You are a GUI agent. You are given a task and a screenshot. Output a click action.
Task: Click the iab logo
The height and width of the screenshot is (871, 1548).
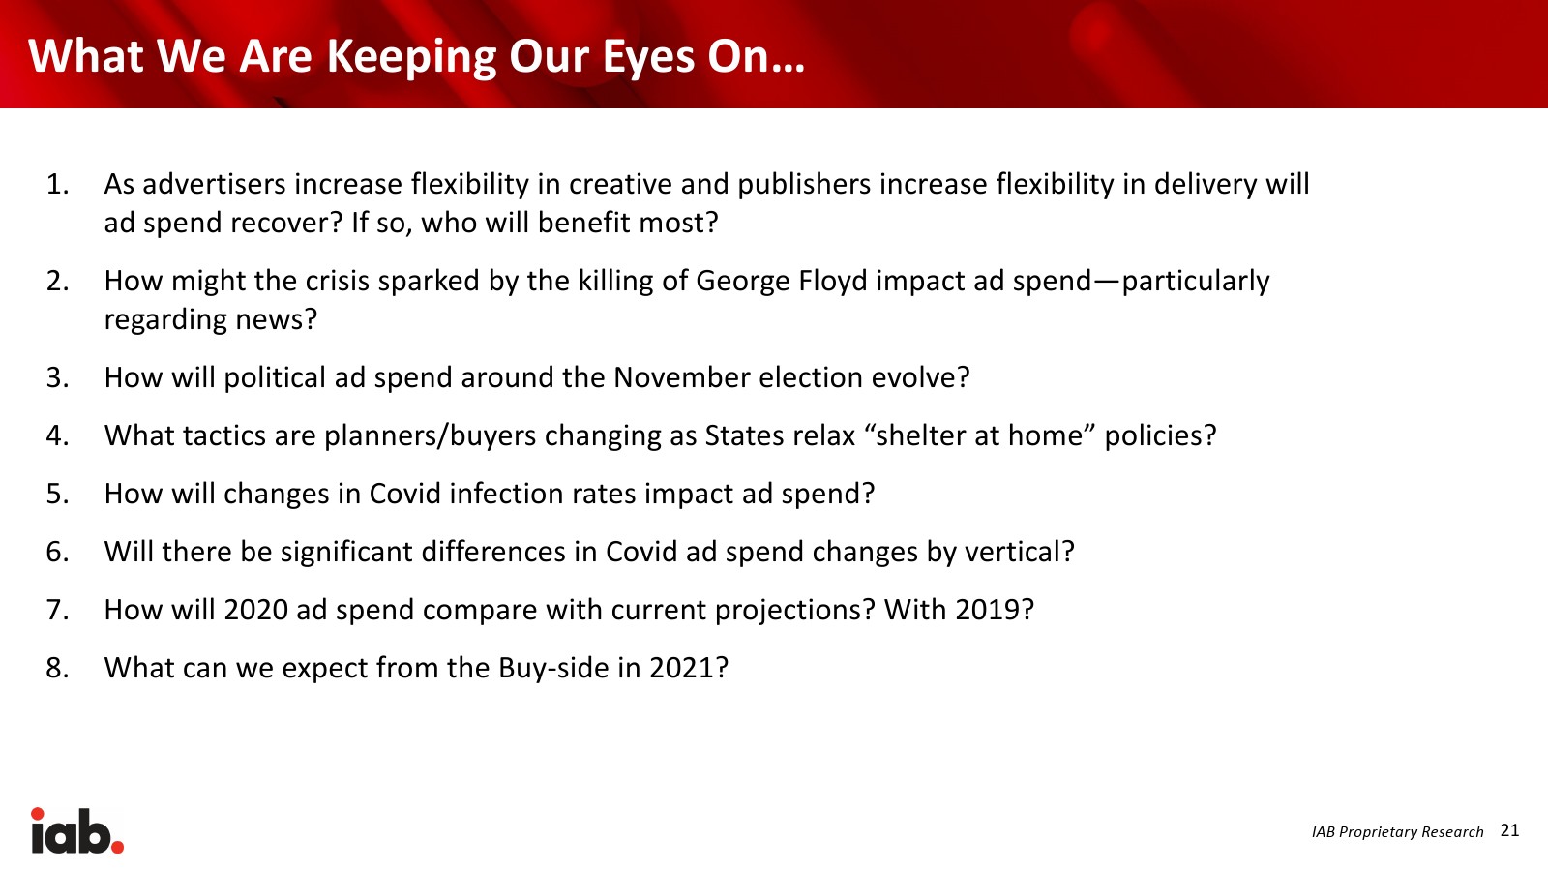pyautogui.click(x=76, y=830)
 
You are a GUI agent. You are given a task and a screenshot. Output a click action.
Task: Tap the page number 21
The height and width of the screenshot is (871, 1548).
pyautogui.click(x=1510, y=830)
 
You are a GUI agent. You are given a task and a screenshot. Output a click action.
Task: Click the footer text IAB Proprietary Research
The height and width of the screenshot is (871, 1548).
pyautogui.click(x=1397, y=832)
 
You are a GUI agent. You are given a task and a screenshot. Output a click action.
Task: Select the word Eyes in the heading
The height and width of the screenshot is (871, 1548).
pyautogui.click(x=648, y=58)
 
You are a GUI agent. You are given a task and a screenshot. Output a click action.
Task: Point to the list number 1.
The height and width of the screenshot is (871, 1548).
pyautogui.click(x=57, y=185)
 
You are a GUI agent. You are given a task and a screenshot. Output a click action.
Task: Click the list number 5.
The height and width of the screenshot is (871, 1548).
pyautogui.click(x=57, y=495)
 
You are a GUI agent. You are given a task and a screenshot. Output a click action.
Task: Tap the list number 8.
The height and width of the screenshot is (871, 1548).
pyautogui.click(x=57, y=669)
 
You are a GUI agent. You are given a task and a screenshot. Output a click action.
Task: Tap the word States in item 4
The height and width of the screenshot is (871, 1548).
pyautogui.click(x=742, y=436)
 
